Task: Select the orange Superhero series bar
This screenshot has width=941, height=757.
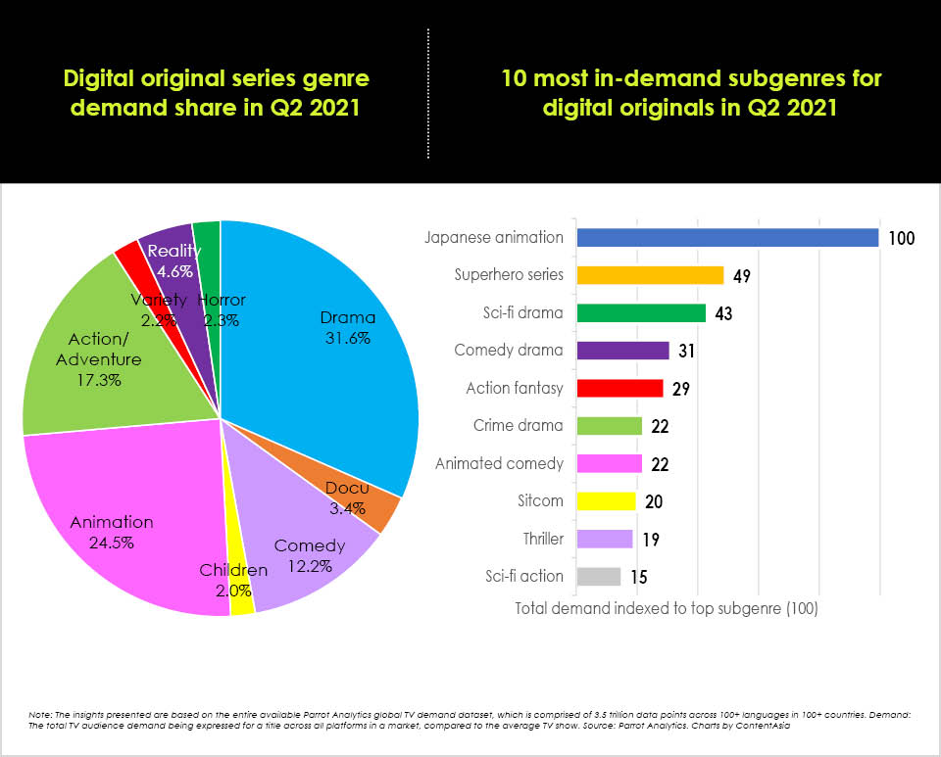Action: (650, 275)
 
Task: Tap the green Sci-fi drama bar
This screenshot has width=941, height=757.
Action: (641, 313)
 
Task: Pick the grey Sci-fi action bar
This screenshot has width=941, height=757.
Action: (598, 576)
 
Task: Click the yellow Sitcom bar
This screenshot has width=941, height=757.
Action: (606, 501)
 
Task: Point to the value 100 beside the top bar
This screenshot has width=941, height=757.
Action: (902, 238)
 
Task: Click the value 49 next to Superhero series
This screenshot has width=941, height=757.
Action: (742, 276)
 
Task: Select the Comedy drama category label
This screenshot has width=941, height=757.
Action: (509, 351)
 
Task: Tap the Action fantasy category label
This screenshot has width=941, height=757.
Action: (515, 388)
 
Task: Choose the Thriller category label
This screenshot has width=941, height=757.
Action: (543, 539)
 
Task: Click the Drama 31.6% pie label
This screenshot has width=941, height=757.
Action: (348, 327)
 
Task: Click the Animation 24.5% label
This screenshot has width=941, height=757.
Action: (112, 532)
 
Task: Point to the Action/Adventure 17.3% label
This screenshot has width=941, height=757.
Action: (104, 359)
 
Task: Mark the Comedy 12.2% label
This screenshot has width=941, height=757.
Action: (310, 555)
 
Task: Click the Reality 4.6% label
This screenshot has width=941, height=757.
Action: (173, 261)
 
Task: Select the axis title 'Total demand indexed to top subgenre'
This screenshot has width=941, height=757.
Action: (667, 608)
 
